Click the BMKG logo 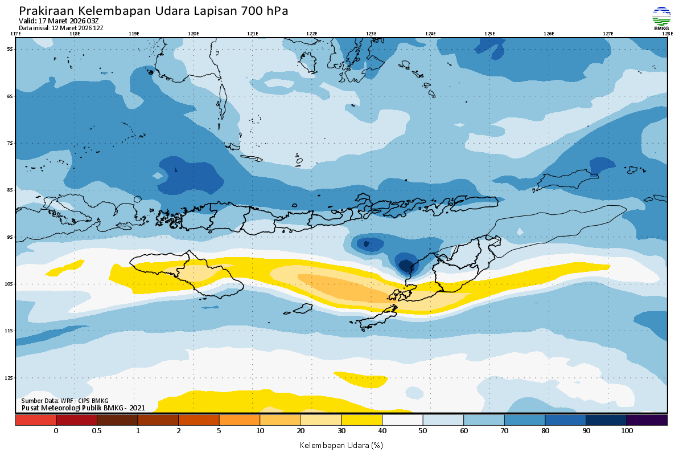pyautogui.click(x=661, y=18)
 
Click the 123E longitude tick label pyautogui.click(x=371, y=34)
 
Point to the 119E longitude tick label pyautogui.click(x=134, y=34)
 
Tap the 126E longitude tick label pyautogui.click(x=549, y=34)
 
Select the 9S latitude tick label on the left pyautogui.click(x=10, y=237)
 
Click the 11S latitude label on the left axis pyautogui.click(x=10, y=331)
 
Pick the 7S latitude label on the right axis pyautogui.click(x=673, y=143)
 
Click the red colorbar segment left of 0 pyautogui.click(x=35, y=420)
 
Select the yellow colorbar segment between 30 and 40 pyautogui.click(x=361, y=420)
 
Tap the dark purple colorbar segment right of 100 pyautogui.click(x=647, y=420)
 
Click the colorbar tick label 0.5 pyautogui.click(x=97, y=431)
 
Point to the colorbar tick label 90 pyautogui.click(x=586, y=431)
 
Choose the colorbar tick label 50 pyautogui.click(x=423, y=431)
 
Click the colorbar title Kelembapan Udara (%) pyautogui.click(x=341, y=445)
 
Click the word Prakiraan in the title pyautogui.click(x=46, y=11)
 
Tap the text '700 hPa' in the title pyautogui.click(x=265, y=11)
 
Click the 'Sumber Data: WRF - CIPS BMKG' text pyautogui.click(x=65, y=401)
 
